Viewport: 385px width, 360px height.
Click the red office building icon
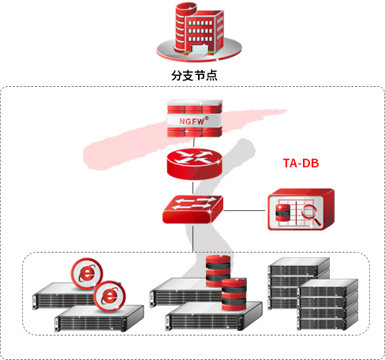click(199, 32)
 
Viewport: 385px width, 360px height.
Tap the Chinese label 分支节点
click(194, 76)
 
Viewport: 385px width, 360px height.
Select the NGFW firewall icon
click(195, 118)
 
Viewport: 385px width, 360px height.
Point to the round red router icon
click(195, 163)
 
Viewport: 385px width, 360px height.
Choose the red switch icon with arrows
click(192, 209)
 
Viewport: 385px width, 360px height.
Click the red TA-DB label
click(301, 163)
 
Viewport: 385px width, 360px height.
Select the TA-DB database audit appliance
click(301, 209)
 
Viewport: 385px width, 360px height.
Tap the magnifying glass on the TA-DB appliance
click(311, 215)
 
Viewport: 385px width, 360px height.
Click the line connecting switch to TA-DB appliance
click(245, 210)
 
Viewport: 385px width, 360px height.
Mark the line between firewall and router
click(194, 143)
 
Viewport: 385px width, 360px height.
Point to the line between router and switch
click(193, 188)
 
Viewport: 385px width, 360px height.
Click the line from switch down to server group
click(193, 238)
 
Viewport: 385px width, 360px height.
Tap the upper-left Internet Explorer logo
click(87, 274)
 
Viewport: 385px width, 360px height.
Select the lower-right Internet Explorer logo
click(110, 297)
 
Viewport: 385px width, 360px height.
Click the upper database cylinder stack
click(218, 271)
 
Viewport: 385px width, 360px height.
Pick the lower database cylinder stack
click(234, 294)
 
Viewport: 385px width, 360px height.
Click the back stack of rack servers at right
click(299, 283)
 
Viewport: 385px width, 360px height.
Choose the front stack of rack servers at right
click(328, 305)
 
